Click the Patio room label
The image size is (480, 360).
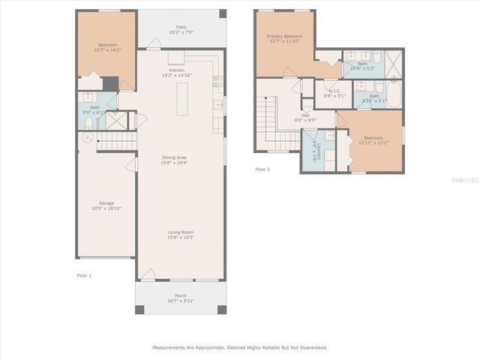[181, 27]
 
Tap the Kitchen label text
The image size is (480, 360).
[176, 70]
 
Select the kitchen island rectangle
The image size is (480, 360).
[181, 99]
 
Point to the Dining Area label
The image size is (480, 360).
[175, 157]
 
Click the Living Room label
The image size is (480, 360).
[181, 232]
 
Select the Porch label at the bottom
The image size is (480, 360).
[181, 296]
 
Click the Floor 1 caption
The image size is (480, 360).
[84, 276]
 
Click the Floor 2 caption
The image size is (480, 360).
[262, 169]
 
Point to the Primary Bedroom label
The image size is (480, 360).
[285, 36]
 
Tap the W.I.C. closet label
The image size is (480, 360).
[334, 91]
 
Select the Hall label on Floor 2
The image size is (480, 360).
[305, 115]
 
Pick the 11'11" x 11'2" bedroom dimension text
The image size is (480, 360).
[373, 142]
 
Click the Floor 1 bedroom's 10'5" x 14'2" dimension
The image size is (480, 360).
[106, 49]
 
